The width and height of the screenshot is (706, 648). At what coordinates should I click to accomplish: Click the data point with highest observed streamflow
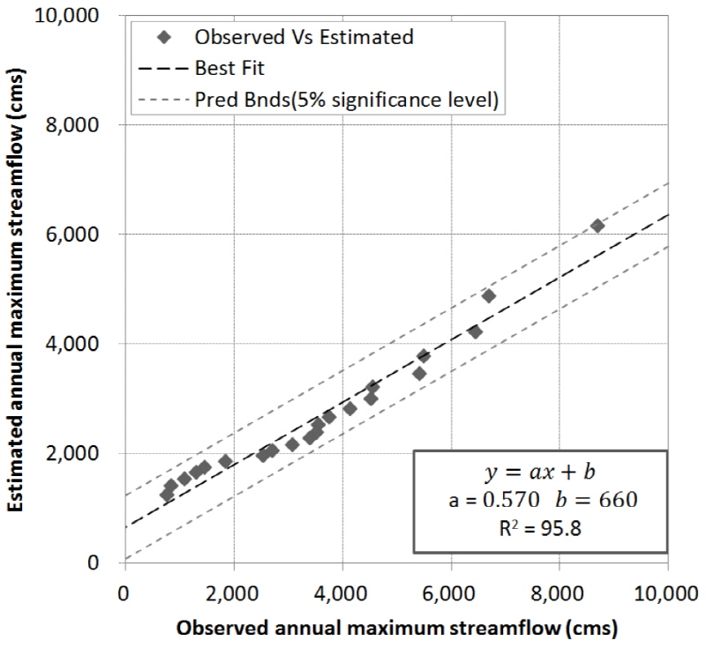[x=597, y=227]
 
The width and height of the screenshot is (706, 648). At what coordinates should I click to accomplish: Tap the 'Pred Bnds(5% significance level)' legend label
[x=348, y=100]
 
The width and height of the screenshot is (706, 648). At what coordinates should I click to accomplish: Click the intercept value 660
[x=619, y=500]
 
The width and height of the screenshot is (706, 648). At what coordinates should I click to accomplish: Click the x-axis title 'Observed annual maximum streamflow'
[x=396, y=629]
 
